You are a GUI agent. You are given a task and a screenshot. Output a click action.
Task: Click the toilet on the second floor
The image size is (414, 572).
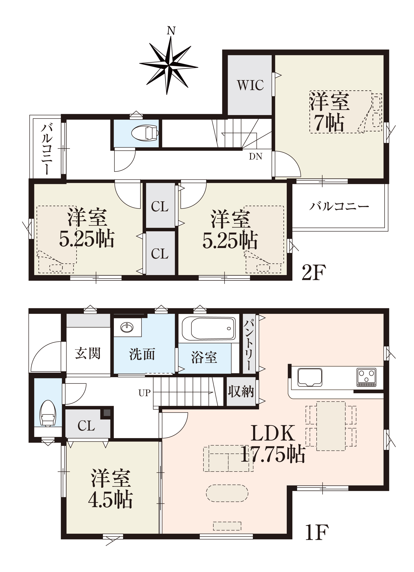[145, 133]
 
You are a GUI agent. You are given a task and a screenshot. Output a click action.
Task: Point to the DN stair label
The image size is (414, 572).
[255, 156]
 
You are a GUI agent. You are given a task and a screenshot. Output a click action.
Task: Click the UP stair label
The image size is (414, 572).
[144, 393]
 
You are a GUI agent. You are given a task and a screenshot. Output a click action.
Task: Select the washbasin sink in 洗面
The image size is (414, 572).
[127, 328]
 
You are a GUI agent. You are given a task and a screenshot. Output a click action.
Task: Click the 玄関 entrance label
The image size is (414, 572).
[88, 353]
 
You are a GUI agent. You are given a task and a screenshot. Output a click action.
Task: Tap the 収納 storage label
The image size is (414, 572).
[241, 392]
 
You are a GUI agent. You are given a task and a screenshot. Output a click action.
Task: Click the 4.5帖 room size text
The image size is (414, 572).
[110, 499]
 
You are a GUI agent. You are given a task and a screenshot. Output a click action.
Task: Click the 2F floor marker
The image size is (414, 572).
[314, 272]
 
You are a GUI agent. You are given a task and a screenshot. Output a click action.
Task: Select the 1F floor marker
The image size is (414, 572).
[317, 532]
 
